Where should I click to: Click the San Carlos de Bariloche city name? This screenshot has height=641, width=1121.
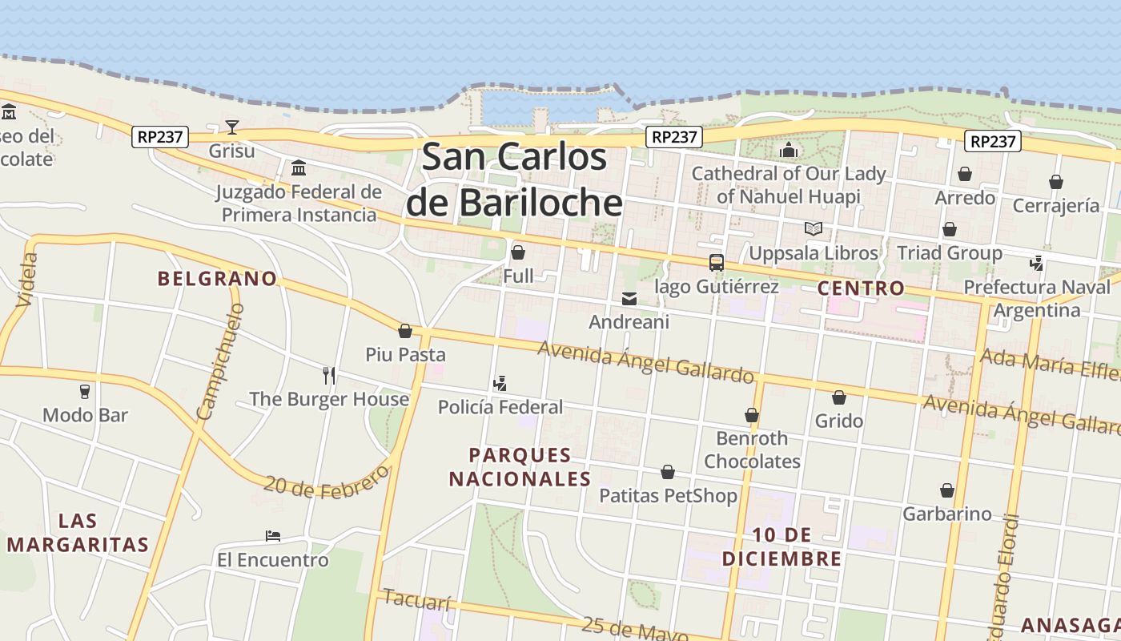(x=514, y=179)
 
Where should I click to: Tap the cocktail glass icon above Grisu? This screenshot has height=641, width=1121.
(x=231, y=127)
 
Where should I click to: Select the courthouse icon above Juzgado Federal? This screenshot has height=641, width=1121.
(x=299, y=167)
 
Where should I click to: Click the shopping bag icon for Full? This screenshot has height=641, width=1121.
(x=518, y=252)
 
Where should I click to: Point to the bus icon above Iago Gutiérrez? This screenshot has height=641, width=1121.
(x=716, y=263)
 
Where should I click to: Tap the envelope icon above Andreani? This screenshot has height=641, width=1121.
(x=629, y=299)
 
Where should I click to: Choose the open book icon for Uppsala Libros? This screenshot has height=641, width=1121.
(x=814, y=229)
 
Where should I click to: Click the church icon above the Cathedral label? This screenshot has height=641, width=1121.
(x=789, y=150)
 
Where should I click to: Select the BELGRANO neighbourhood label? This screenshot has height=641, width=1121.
(x=217, y=279)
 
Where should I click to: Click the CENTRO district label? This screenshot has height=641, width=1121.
(x=861, y=288)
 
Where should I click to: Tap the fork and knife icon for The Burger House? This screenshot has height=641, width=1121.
(x=328, y=375)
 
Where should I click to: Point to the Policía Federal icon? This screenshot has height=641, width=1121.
(x=500, y=384)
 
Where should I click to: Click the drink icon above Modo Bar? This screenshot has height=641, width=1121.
(x=85, y=392)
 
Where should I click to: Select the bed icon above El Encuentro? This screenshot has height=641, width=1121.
(x=272, y=535)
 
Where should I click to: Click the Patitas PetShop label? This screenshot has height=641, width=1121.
(x=669, y=496)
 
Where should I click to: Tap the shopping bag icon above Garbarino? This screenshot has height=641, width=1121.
(x=946, y=490)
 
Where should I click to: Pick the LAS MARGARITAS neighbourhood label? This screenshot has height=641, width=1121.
(x=78, y=533)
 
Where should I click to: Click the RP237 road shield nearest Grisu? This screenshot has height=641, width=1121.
(x=160, y=137)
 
